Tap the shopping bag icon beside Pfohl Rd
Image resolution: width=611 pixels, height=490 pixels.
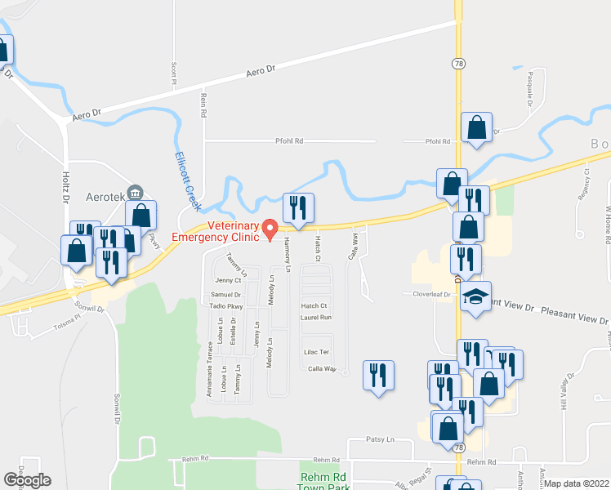476,128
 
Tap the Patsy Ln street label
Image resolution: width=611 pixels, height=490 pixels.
379,439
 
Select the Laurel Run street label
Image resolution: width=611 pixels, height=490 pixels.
315,317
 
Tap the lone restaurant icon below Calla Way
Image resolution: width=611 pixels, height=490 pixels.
378,376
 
